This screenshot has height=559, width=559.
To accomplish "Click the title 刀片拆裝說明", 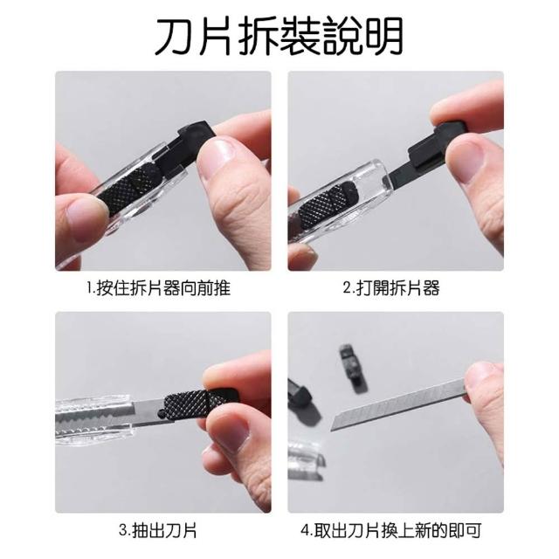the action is coord(279,37).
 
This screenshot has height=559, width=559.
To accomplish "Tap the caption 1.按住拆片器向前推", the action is coord(159,288).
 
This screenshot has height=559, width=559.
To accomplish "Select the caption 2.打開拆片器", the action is coord(391,288).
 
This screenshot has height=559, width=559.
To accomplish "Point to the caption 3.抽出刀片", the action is coord(158,530).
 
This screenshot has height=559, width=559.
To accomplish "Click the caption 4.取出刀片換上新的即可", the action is coord(391,530).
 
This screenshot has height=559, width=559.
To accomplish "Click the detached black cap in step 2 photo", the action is coord(438,146).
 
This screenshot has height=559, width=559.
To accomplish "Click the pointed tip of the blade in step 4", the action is coord(332,429).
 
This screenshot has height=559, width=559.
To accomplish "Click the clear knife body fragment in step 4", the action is coord(306,460).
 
